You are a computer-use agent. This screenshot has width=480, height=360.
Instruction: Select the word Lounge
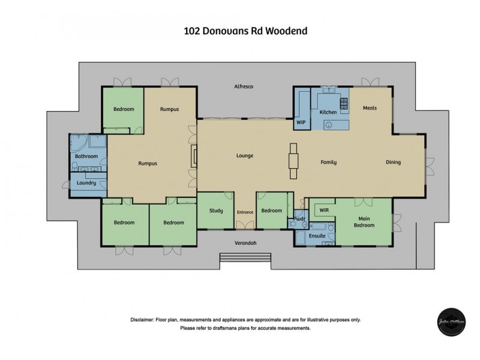click(244, 156)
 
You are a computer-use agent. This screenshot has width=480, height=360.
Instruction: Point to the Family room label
click(328, 162)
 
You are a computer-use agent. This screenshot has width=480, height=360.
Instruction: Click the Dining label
click(393, 162)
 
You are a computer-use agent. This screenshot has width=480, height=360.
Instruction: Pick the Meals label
click(370, 108)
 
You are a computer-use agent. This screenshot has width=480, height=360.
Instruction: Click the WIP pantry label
click(301, 122)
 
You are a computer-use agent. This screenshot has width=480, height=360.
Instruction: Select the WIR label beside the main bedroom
click(325, 211)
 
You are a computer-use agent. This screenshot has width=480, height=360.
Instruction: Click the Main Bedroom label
click(366, 222)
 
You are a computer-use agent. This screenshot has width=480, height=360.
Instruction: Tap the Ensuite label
click(317, 236)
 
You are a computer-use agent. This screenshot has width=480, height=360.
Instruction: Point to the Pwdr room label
click(300, 219)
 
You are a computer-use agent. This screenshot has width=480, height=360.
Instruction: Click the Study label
click(216, 211)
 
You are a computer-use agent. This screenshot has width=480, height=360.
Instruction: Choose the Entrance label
click(245, 212)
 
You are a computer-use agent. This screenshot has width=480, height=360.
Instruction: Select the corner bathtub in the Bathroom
click(79, 145)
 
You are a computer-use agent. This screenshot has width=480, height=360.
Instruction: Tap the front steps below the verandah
click(238, 258)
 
